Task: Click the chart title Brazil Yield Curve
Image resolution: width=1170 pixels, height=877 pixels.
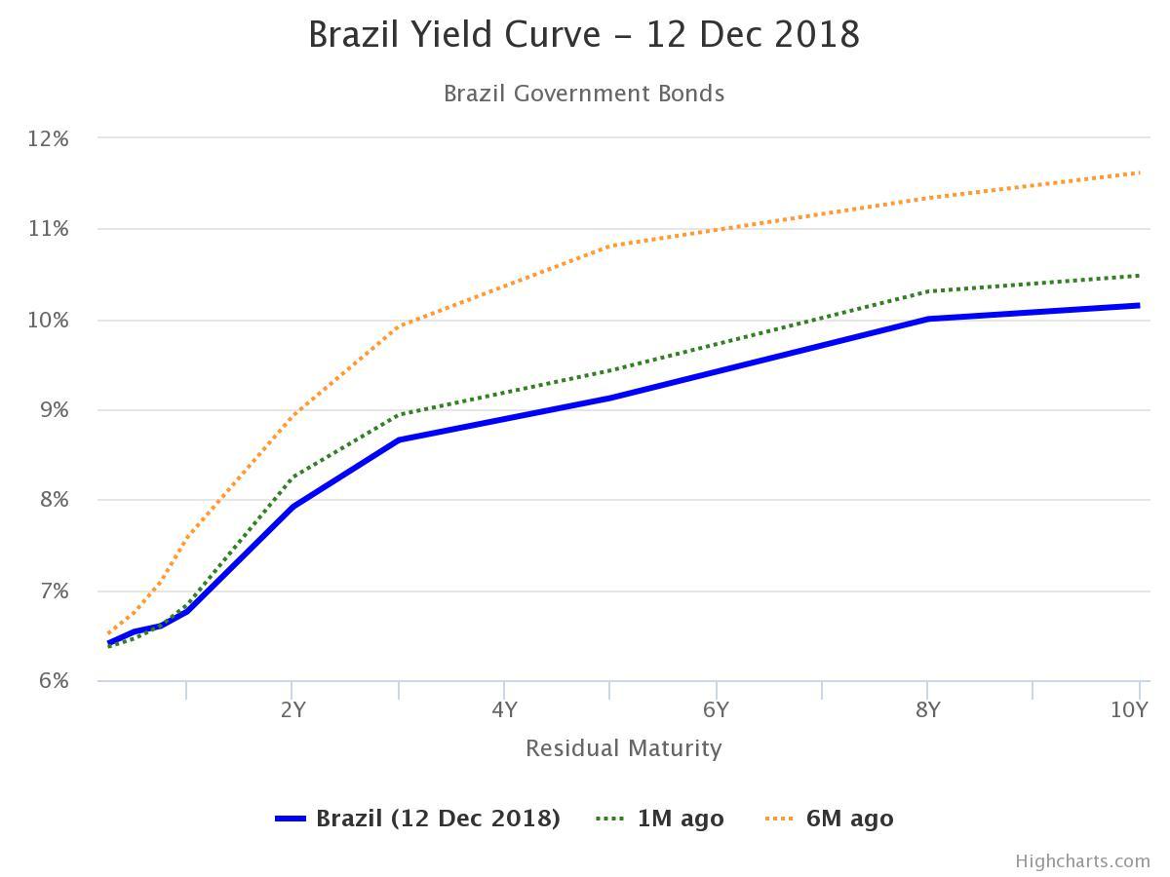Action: [x=584, y=35]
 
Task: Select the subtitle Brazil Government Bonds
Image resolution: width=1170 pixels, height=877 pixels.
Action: [x=584, y=94]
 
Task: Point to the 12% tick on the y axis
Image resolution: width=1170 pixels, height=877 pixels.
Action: [x=48, y=138]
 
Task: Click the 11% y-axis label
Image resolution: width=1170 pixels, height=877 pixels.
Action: [x=48, y=229]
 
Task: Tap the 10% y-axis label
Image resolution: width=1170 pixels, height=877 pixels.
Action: [x=48, y=320]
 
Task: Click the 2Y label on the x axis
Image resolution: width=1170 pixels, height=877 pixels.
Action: [x=292, y=709]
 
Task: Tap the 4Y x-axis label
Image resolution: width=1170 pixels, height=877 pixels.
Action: [x=504, y=709]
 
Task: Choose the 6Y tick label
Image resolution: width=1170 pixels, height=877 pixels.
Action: [x=716, y=709]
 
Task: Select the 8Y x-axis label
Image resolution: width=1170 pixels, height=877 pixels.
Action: [x=927, y=709]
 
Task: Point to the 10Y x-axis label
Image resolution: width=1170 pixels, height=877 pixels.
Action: [x=1129, y=709]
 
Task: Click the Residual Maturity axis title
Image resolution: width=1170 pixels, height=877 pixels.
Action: [x=623, y=748]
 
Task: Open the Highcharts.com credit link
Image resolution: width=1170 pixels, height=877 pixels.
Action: [x=1082, y=860]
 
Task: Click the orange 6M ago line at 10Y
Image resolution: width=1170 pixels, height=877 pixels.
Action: [x=1138, y=173]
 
